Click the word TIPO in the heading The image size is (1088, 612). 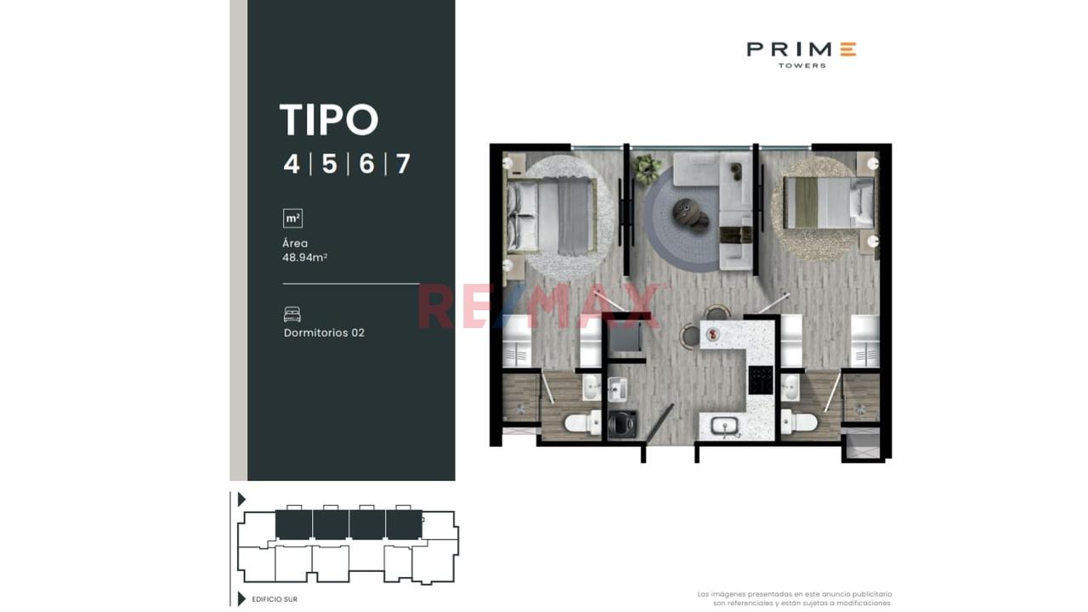(329, 120)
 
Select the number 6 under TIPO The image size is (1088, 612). (366, 164)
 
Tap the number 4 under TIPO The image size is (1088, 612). (292, 164)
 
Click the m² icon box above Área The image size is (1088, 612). (292, 218)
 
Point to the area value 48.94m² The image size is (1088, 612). (304, 258)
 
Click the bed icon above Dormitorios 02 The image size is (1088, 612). (292, 314)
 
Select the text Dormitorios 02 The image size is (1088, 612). (324, 332)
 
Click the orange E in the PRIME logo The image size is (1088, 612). (848, 49)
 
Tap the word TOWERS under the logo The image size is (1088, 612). (802, 65)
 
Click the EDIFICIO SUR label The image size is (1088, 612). (275, 599)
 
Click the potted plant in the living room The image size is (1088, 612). (647, 168)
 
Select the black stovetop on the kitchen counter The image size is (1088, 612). (760, 379)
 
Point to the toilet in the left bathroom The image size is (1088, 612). (583, 422)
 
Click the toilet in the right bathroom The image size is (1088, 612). (799, 421)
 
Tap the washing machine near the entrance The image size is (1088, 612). (621, 424)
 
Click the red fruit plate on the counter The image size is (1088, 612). (713, 334)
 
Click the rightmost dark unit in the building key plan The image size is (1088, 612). (404, 524)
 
